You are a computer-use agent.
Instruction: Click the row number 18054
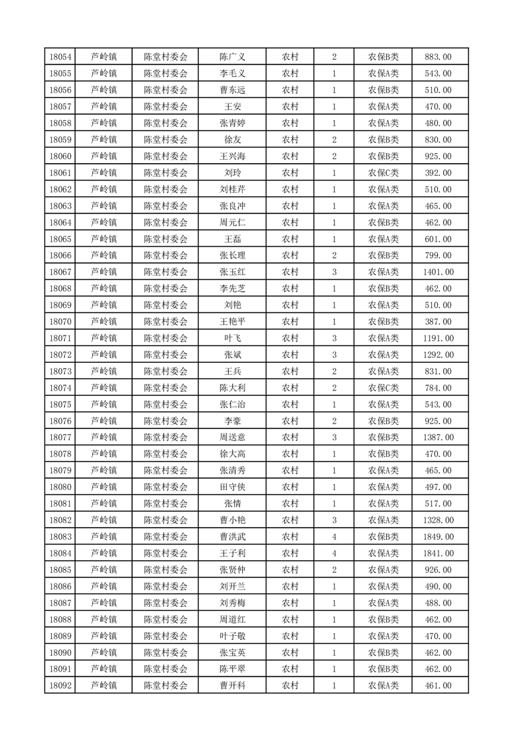click(x=60, y=57)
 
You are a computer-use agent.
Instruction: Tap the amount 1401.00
click(x=438, y=272)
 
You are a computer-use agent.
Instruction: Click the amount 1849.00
click(x=438, y=536)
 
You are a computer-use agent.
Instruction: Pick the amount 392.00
click(x=438, y=173)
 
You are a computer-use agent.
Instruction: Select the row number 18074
click(x=60, y=388)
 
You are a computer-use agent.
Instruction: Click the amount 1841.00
click(x=438, y=553)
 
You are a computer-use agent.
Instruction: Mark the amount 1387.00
click(x=438, y=438)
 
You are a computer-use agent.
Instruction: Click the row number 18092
click(x=60, y=686)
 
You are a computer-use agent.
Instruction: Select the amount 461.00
click(x=438, y=686)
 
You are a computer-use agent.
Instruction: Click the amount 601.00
click(x=438, y=239)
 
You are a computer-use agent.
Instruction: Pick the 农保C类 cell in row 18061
click(x=383, y=173)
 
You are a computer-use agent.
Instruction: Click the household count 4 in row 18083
click(x=334, y=536)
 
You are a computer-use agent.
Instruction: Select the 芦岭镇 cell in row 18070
click(x=103, y=322)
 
